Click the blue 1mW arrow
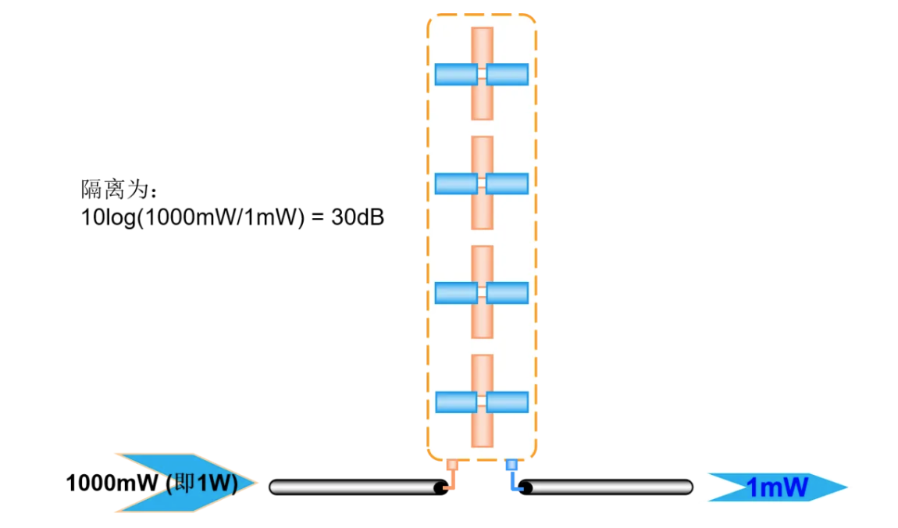(x=777, y=487)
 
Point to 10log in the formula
(x=109, y=218)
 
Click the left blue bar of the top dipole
(x=456, y=74)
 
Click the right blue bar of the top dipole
(x=508, y=74)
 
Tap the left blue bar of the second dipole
(x=456, y=184)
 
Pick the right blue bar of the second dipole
(x=508, y=184)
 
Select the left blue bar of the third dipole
(x=456, y=293)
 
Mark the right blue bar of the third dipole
(x=508, y=293)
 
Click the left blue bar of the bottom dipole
(x=456, y=402)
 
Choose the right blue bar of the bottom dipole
(x=508, y=402)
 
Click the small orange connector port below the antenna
(x=451, y=466)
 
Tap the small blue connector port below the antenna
(x=511, y=466)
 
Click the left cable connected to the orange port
(x=351, y=487)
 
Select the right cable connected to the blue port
(x=609, y=487)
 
